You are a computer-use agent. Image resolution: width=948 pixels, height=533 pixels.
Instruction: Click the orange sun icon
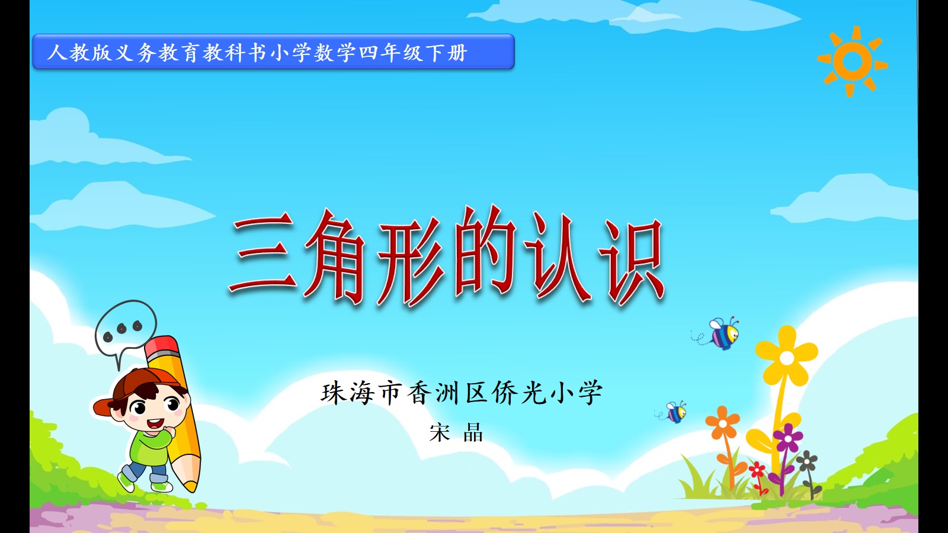(852, 62)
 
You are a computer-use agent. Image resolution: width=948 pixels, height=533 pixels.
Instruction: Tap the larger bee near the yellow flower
(723, 333)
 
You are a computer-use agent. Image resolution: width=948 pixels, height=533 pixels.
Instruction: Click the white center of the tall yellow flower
(787, 358)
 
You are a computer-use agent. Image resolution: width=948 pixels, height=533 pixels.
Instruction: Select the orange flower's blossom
(722, 423)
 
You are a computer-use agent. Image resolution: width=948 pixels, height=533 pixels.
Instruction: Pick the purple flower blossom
(787, 438)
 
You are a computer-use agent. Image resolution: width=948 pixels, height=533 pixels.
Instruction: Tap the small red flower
(757, 469)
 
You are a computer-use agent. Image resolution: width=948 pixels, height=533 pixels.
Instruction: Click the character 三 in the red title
(262, 252)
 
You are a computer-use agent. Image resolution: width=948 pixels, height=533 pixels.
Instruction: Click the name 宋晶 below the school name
(456, 432)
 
